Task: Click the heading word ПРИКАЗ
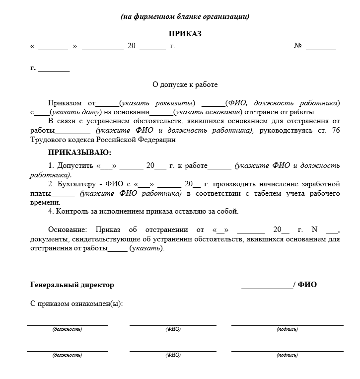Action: click(185, 34)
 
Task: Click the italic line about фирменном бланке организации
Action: click(185, 16)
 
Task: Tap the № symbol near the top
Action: click(298, 46)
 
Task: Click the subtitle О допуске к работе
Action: click(185, 85)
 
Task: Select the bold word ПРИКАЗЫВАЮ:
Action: click(79, 152)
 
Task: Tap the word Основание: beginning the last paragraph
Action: click(68, 229)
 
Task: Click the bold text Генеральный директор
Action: click(72, 285)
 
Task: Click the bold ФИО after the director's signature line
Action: click(307, 285)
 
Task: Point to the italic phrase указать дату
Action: click(76, 112)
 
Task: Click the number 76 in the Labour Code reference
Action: click(335, 130)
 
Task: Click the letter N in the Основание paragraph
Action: click(314, 229)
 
